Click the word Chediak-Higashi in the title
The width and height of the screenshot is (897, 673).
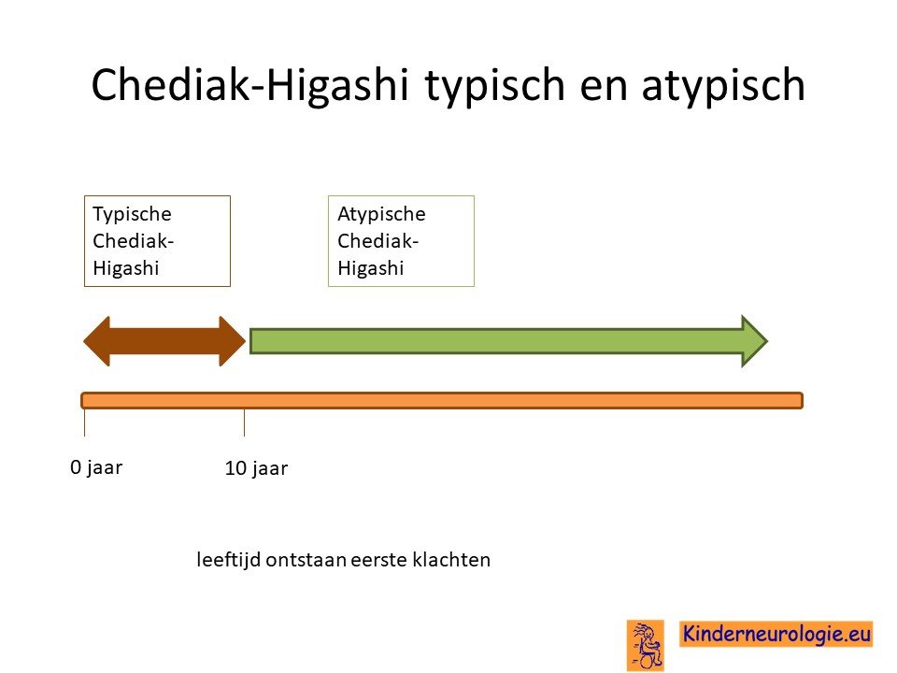[250, 85]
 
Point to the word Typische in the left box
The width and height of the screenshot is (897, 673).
[132, 215]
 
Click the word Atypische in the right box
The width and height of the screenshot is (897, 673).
[381, 215]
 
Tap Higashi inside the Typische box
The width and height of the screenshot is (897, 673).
[126, 268]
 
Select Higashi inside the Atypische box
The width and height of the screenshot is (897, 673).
[371, 268]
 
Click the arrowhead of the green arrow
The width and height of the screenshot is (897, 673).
[755, 341]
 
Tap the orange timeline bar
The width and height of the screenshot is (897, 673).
[442, 401]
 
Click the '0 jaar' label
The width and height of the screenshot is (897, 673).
[96, 468]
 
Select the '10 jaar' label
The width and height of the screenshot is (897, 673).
[256, 468]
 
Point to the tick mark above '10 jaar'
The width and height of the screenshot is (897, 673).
[244, 422]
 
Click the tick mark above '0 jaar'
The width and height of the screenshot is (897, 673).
[85, 422]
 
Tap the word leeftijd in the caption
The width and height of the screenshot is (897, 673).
[229, 560]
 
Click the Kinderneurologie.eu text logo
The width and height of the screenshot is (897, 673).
[776, 634]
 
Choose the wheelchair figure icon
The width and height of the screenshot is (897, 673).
[646, 646]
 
